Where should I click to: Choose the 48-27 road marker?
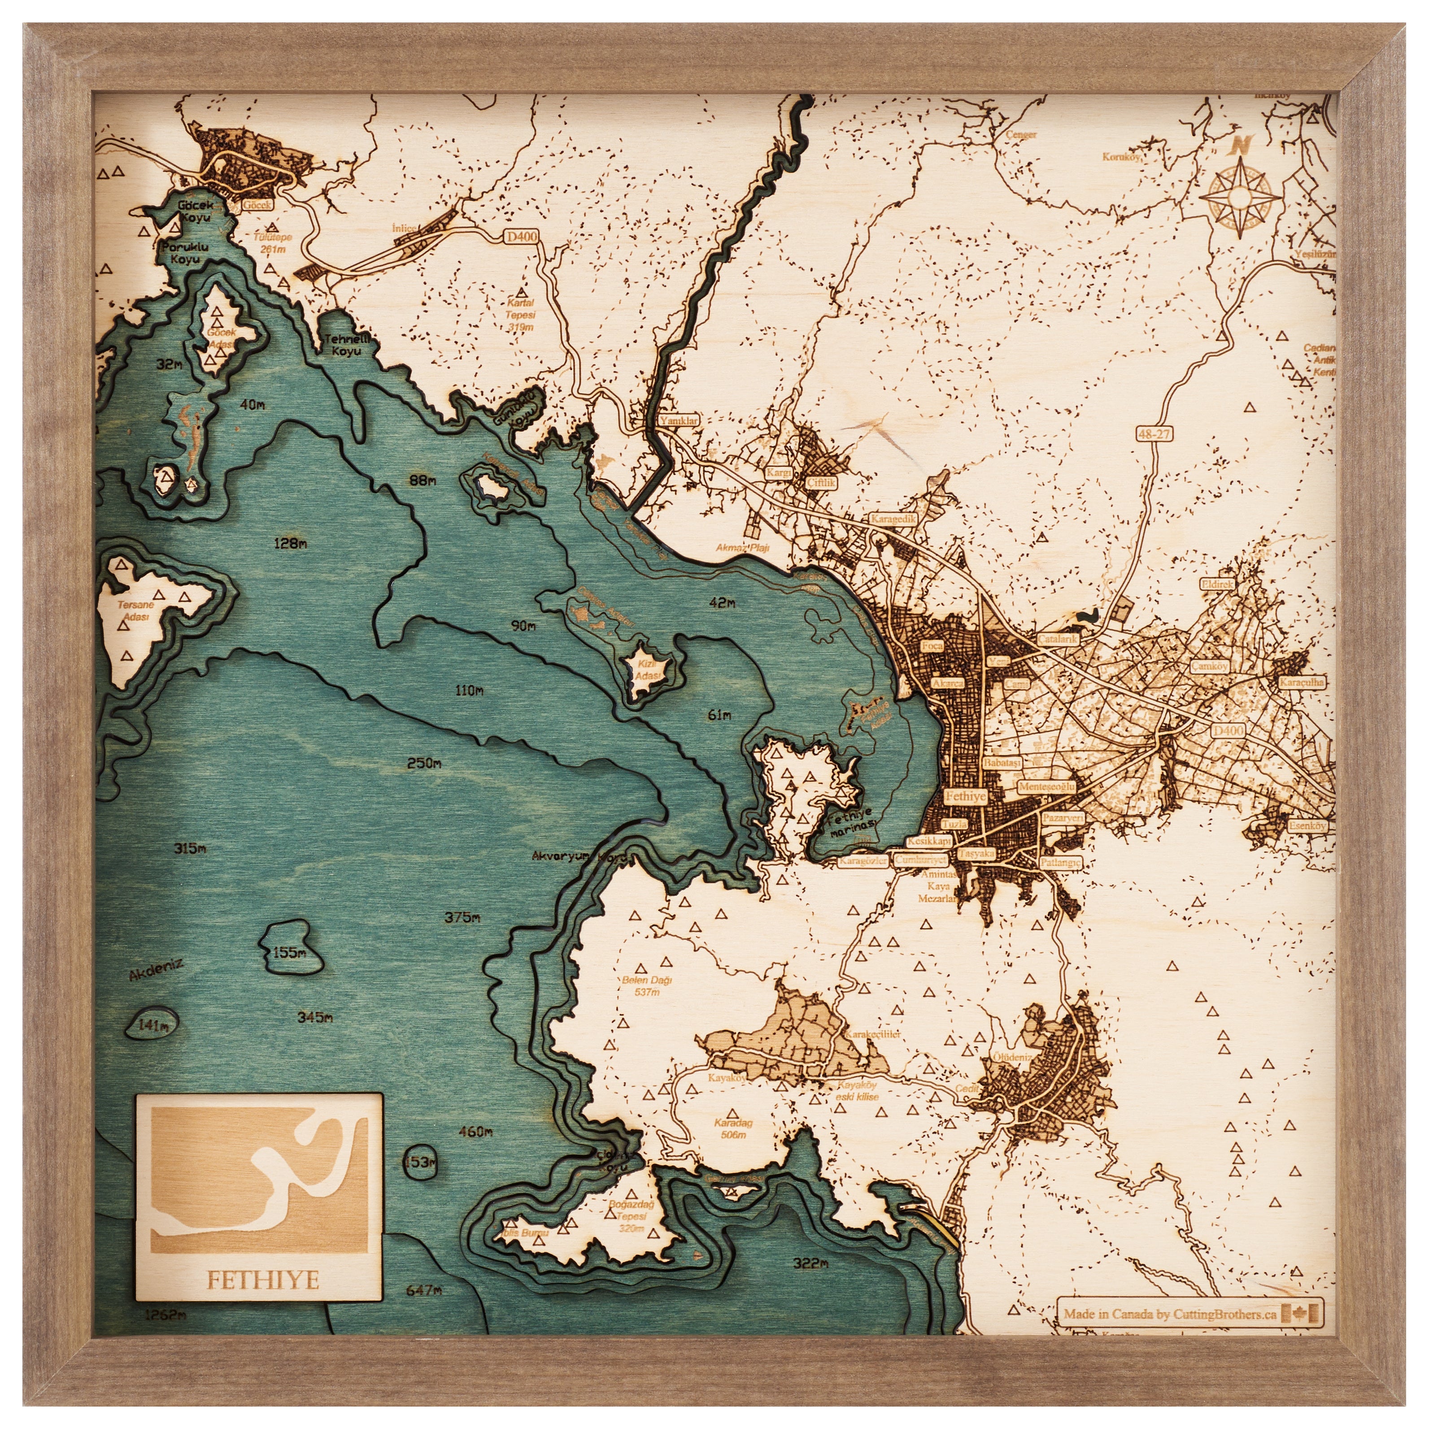(1154, 434)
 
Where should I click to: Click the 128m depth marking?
(290, 544)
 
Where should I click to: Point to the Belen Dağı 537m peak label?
(646, 986)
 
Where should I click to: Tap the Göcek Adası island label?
(221, 338)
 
